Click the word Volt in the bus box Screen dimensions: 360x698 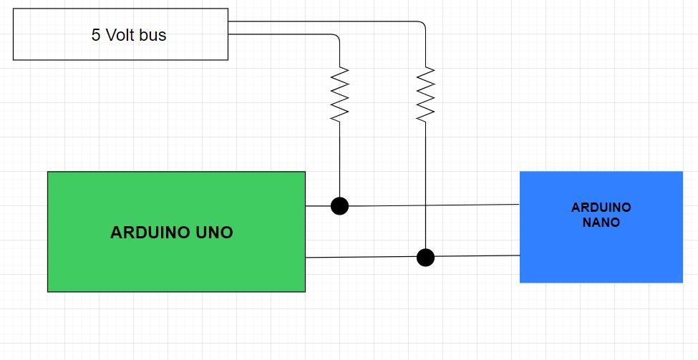coord(120,35)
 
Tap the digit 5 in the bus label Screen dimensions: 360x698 coord(96,35)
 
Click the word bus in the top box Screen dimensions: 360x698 coord(152,35)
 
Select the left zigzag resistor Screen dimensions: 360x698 coord(339,93)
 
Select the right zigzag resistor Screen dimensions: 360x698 coord(425,93)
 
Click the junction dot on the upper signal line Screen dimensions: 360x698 coord(339,206)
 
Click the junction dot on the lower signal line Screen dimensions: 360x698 coord(425,257)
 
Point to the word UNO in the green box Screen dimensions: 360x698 coord(214,233)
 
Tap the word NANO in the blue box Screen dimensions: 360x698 coord(601,223)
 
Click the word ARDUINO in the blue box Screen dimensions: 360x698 coord(601,208)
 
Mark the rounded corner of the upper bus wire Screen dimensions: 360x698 coord(423,24)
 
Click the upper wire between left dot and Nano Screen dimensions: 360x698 coord(430,205)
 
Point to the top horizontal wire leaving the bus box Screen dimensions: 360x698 coord(322,21)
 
